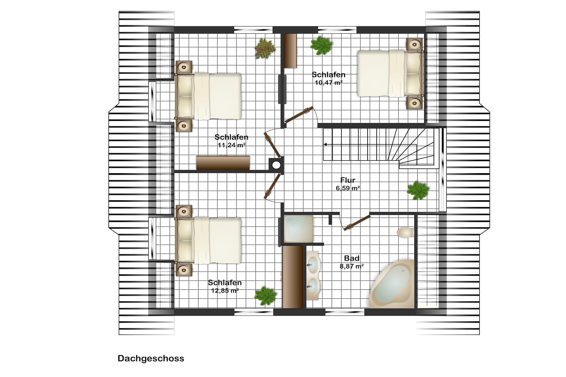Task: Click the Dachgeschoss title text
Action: point(151,358)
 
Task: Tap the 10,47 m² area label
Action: point(329,82)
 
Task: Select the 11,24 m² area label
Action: point(232,145)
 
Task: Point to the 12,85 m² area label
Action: point(225,291)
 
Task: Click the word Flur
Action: point(348,180)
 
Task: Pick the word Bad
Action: point(352,258)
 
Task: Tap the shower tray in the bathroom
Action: point(298,229)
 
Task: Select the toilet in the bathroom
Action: point(406,233)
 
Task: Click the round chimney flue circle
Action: point(276,165)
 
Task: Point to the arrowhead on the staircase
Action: point(325,144)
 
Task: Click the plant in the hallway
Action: point(418,190)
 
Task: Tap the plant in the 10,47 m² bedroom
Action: point(321,46)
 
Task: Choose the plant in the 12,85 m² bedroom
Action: point(265,296)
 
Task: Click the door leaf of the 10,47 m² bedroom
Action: point(299,115)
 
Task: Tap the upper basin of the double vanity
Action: point(313,264)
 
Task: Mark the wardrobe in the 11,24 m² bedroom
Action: point(223,163)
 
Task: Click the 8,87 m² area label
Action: point(352,266)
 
